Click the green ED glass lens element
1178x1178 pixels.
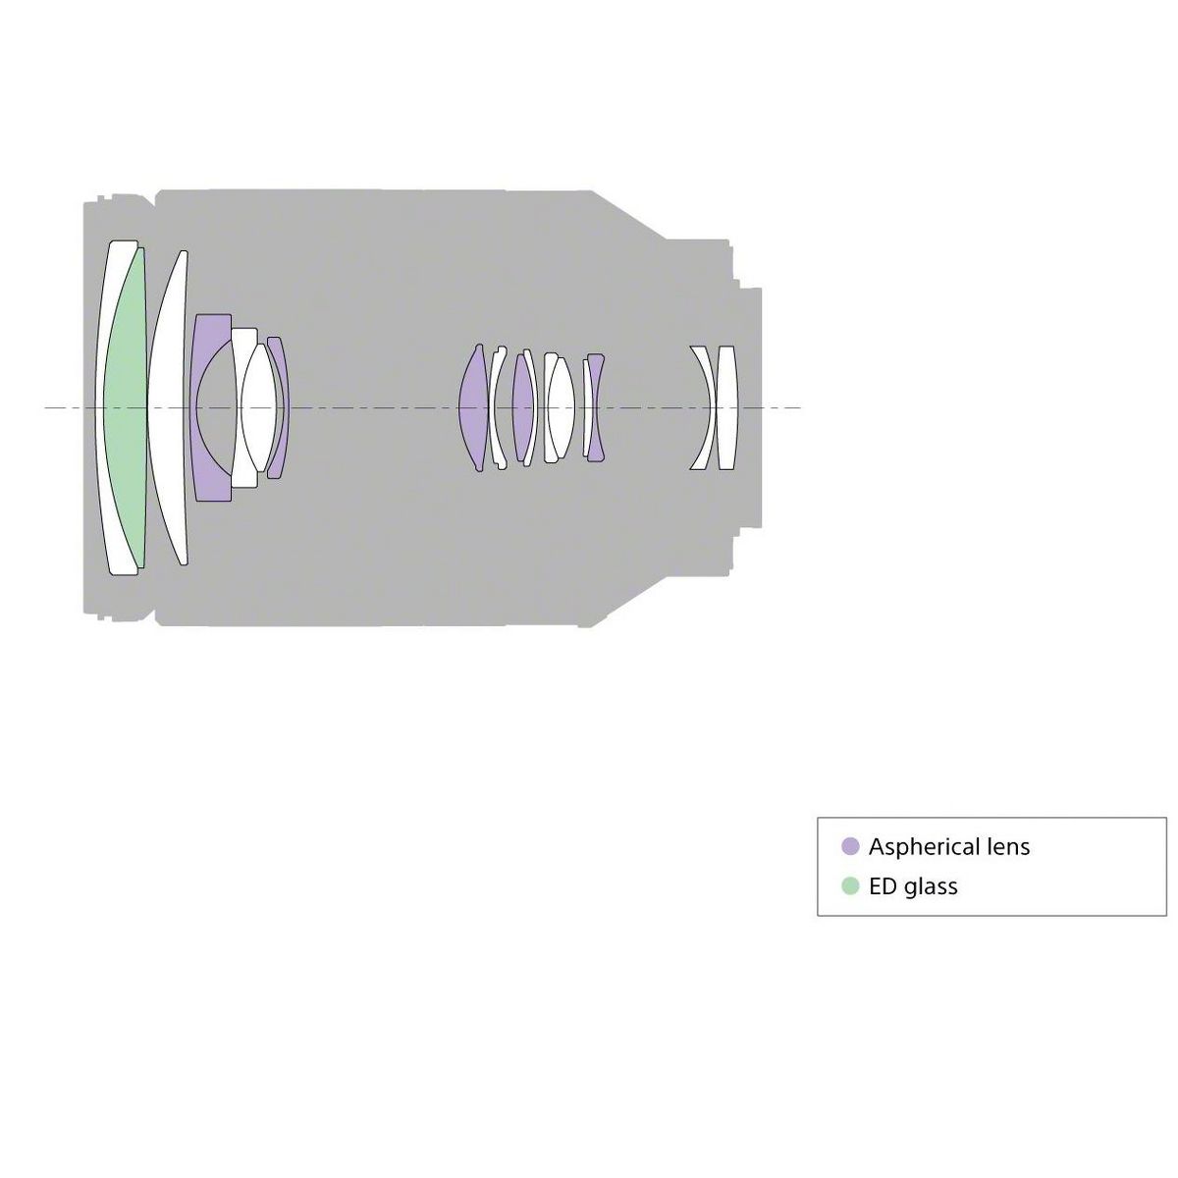click(126, 407)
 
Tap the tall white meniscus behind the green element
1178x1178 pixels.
click(166, 407)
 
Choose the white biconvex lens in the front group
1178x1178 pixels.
click(258, 407)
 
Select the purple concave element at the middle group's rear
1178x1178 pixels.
click(596, 407)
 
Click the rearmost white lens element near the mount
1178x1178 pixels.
click(726, 407)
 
